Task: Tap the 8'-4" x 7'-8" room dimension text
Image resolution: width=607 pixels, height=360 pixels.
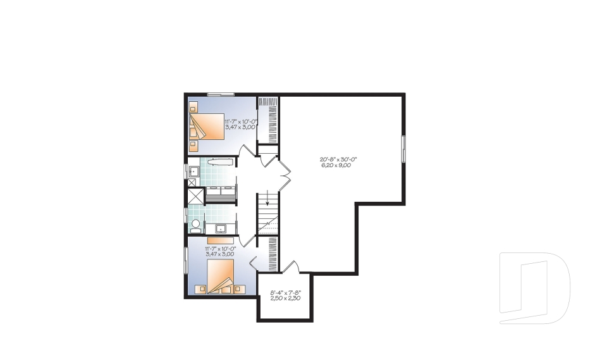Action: pyautogui.click(x=286, y=292)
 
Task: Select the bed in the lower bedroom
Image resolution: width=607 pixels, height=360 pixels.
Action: pyautogui.click(x=221, y=276)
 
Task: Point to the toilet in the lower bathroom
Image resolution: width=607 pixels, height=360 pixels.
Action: pyautogui.click(x=196, y=226)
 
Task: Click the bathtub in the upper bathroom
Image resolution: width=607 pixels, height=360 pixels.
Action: pyautogui.click(x=220, y=162)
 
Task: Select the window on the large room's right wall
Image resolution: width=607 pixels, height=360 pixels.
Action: pyautogui.click(x=403, y=149)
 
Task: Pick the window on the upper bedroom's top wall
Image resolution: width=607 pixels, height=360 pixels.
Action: pyautogui.click(x=221, y=94)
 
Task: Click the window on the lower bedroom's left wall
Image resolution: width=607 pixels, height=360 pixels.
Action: pyautogui.click(x=185, y=261)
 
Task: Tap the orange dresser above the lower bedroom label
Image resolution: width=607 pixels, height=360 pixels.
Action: pyautogui.click(x=220, y=240)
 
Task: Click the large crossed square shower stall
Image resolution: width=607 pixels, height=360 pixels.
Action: pyautogui.click(x=195, y=196)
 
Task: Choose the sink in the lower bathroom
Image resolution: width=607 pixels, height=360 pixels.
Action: pyautogui.click(x=221, y=228)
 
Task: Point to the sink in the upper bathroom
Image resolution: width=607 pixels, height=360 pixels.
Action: pyautogui.click(x=193, y=171)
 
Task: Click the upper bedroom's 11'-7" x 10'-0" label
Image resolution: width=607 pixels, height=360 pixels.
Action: pyautogui.click(x=241, y=121)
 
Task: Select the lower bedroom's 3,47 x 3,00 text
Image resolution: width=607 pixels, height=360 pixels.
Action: pyautogui.click(x=220, y=254)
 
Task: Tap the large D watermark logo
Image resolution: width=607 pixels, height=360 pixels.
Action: pyautogui.click(x=535, y=288)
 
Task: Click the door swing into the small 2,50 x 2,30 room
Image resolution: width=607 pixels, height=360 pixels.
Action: pyautogui.click(x=291, y=267)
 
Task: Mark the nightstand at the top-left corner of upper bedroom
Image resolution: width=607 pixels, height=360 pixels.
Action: pyautogui.click(x=193, y=106)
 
